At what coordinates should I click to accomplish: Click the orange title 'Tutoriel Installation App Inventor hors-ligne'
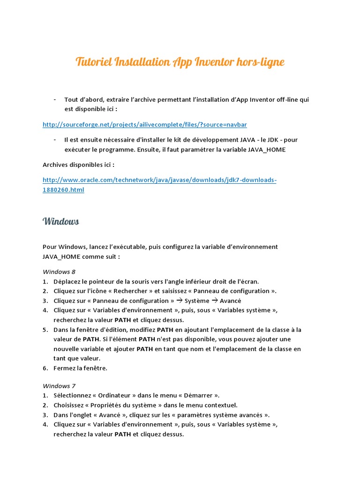pyautogui.click(x=180, y=62)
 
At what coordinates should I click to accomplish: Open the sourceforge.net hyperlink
pyautogui.click(x=144, y=125)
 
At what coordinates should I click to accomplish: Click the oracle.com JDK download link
pyautogui.click(x=159, y=180)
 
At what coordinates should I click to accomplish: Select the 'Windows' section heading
pyautogui.click(x=60, y=221)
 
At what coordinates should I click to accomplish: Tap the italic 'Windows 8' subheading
pyautogui.click(x=59, y=272)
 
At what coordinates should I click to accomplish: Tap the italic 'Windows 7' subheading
pyautogui.click(x=59, y=386)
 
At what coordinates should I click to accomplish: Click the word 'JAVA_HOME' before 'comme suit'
pyautogui.click(x=61, y=256)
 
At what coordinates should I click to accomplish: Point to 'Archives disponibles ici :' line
pyautogui.click(x=78, y=165)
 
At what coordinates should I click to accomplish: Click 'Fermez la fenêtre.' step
pyautogui.click(x=80, y=368)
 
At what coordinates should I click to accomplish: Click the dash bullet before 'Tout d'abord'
pyautogui.click(x=55, y=99)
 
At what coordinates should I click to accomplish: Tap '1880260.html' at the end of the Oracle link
pyautogui.click(x=63, y=190)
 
